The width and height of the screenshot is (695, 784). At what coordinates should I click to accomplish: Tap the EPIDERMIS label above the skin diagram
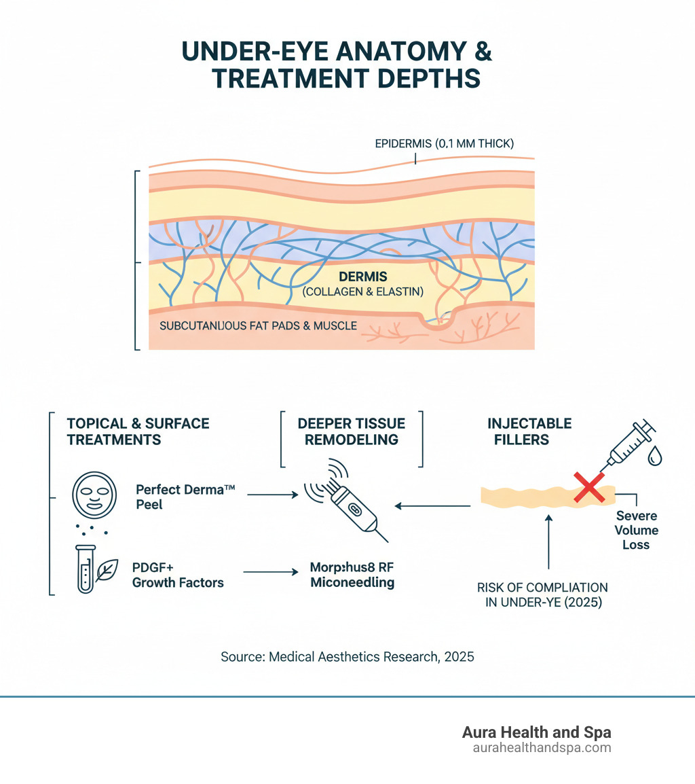[445, 143]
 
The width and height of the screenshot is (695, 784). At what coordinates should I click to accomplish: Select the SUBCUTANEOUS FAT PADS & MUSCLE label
[258, 326]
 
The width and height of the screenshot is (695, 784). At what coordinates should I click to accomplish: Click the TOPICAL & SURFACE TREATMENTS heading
[138, 431]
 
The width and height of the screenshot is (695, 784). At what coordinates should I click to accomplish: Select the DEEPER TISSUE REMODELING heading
[352, 431]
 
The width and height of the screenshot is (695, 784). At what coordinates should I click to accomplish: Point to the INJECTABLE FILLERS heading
[529, 431]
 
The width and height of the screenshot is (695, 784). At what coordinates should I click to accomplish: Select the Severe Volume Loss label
[637, 531]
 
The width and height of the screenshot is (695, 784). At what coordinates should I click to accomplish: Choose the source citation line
[347, 657]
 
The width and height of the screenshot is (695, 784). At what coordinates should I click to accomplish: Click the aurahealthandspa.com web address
[542, 748]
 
